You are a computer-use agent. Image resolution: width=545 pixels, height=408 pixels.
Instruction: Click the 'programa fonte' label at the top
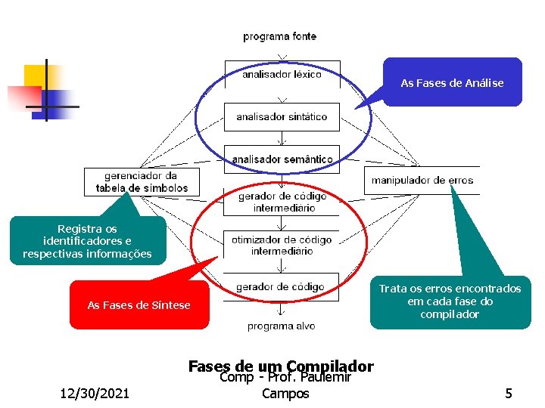click(279, 36)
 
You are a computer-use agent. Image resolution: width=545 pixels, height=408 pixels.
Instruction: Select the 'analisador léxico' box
click(282, 75)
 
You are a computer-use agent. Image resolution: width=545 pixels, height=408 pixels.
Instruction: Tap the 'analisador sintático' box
click(282, 117)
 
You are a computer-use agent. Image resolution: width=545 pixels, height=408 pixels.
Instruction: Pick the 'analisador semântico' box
click(282, 159)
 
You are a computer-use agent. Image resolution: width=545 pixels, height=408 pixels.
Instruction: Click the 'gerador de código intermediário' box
click(282, 202)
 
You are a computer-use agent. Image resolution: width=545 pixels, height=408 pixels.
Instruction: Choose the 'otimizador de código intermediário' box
click(282, 245)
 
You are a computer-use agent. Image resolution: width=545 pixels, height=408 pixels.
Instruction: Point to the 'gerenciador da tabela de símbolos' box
click(142, 182)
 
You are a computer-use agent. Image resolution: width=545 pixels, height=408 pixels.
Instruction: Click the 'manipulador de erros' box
click(422, 181)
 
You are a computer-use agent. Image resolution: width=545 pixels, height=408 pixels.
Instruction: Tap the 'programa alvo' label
click(281, 326)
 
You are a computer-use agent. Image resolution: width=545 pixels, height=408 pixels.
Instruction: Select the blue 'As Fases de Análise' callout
click(452, 82)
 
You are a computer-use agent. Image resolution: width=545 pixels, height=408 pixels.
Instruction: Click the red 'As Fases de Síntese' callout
click(139, 305)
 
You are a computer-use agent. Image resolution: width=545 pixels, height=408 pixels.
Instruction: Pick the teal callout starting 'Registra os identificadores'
click(87, 241)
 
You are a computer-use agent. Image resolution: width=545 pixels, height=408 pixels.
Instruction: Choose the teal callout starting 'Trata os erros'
click(450, 301)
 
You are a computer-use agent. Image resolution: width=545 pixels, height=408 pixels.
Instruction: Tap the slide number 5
click(509, 393)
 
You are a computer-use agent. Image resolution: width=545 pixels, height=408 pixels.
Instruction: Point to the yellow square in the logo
click(36, 76)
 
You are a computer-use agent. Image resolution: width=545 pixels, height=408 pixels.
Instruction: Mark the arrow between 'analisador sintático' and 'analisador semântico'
click(282, 138)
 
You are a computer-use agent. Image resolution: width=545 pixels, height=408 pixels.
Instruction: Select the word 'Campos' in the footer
click(285, 394)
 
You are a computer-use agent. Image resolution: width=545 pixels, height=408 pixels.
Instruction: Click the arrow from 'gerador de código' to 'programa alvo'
click(282, 308)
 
